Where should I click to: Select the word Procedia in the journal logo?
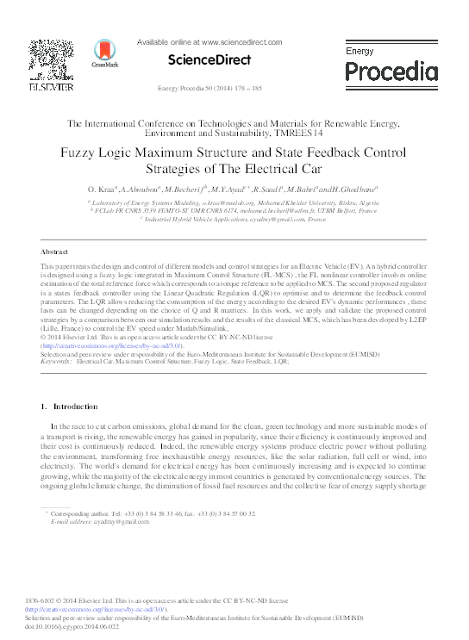point(391,71)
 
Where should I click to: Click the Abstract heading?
point(54,252)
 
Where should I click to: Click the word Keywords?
point(56,363)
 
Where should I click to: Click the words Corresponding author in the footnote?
point(84,513)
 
